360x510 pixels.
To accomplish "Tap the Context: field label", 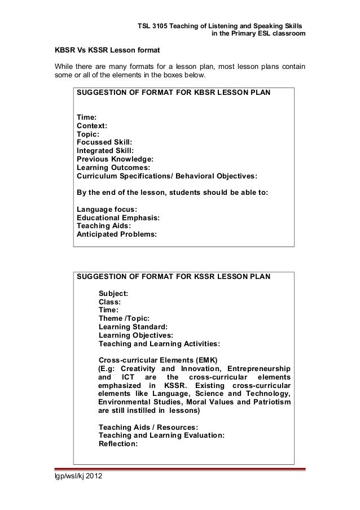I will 93,126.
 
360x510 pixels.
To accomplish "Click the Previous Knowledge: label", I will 115,159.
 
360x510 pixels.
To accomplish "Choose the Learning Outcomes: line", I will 113,167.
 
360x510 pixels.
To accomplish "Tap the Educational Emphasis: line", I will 118,217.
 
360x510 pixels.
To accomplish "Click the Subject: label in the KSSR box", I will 113,293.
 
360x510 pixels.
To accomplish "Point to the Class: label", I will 109,302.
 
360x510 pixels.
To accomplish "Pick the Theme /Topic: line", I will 124,318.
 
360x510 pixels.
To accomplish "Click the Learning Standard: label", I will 133,326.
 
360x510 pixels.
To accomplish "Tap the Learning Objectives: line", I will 136,334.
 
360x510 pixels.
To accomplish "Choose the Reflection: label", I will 118,443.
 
